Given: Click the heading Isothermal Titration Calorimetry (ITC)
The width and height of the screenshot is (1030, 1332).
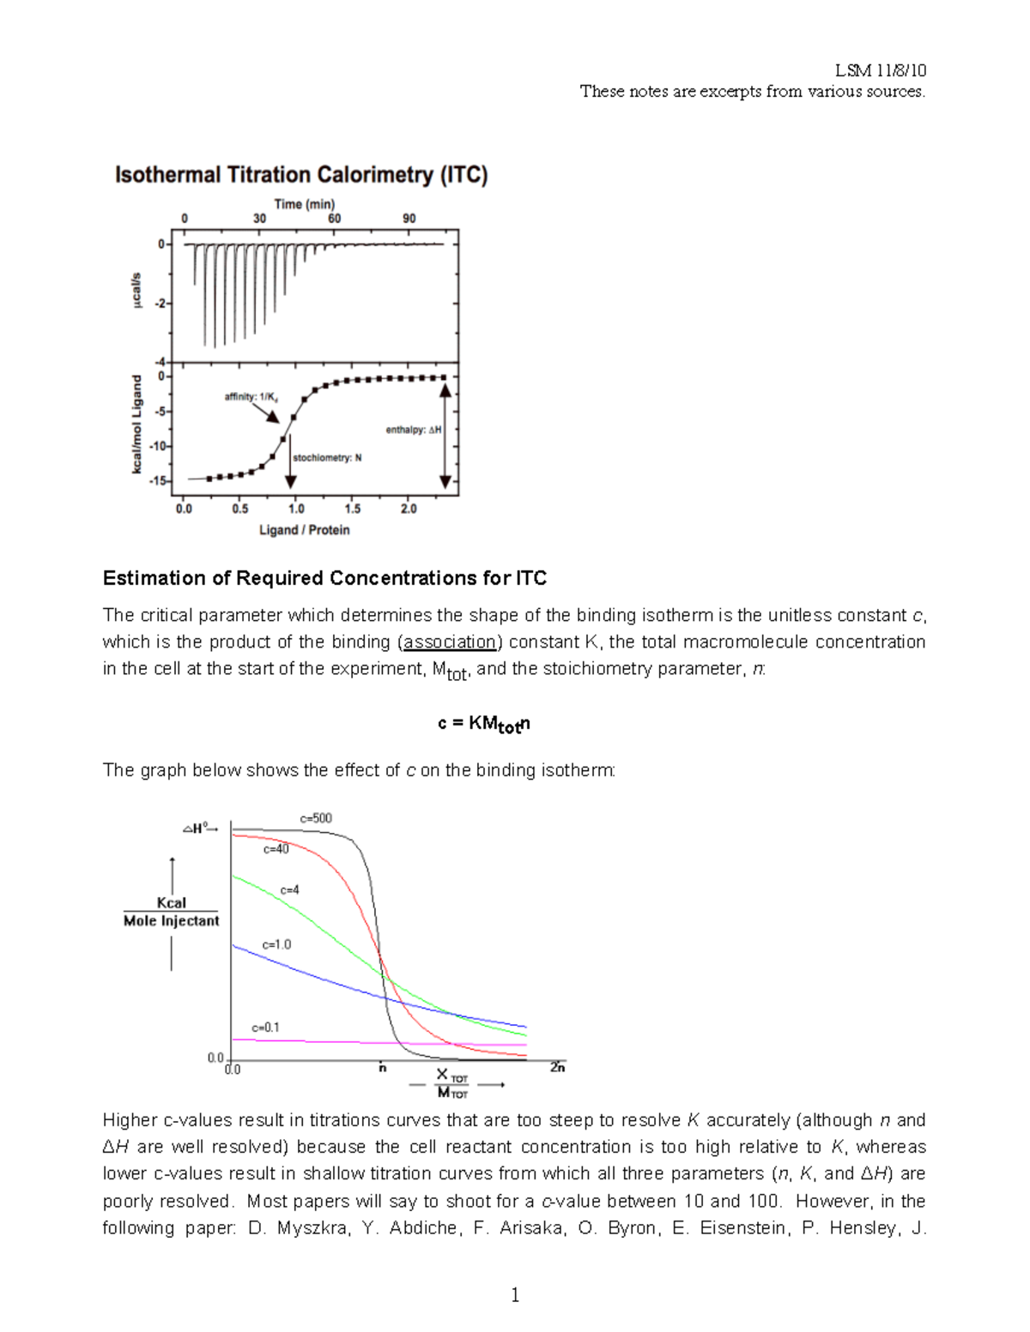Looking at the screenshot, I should point(301,175).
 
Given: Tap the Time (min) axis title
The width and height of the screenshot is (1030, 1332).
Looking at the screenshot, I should point(305,204).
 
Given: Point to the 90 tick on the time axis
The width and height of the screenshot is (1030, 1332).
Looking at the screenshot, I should point(409,219).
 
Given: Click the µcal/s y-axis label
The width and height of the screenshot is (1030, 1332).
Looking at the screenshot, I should point(136,292).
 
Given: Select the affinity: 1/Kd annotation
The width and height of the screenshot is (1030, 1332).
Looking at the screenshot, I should point(251,396).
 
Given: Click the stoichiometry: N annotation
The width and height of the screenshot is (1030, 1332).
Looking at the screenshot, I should point(327,458).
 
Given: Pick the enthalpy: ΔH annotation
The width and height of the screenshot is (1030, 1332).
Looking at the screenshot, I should point(413,430).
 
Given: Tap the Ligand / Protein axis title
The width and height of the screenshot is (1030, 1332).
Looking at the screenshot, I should point(305,530).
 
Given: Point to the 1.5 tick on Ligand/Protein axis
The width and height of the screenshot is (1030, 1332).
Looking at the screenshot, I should point(353,509).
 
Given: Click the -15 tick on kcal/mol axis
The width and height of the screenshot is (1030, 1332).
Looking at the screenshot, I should point(159,481).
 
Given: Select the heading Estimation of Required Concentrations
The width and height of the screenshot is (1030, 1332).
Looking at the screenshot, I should point(324,578).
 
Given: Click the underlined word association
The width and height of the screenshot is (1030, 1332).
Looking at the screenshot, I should point(450,642).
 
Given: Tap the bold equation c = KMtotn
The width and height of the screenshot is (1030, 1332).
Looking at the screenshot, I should point(483,724).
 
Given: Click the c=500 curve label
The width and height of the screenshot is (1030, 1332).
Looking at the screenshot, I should point(316,818).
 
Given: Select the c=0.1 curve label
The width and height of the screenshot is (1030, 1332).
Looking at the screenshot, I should point(265,1027).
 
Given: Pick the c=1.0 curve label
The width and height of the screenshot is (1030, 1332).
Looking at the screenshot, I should point(276,944).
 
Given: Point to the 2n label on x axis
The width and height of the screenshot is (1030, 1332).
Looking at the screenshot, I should point(557,1068).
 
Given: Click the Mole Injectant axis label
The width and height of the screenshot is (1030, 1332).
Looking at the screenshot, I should point(171,921).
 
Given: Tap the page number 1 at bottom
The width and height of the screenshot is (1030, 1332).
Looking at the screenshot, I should point(515,1295).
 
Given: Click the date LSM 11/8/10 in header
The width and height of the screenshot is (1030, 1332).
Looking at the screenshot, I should point(881,70).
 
